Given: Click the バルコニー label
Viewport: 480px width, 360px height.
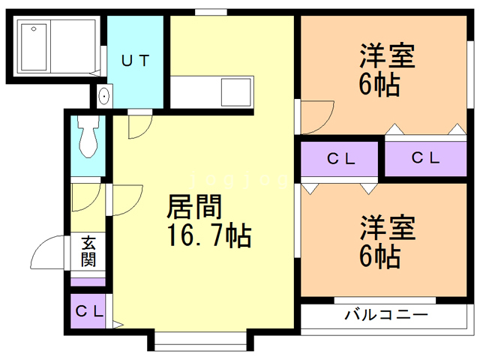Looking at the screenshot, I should [x=385, y=314].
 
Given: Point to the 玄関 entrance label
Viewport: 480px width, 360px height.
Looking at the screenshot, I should [x=88, y=252].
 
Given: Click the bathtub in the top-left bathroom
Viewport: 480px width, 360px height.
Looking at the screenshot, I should [x=34, y=46].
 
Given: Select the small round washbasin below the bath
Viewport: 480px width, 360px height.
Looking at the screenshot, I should [x=103, y=95].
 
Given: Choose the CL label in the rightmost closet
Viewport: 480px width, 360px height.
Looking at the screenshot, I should [x=424, y=158].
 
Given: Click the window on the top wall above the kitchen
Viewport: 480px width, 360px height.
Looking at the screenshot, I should [x=211, y=12].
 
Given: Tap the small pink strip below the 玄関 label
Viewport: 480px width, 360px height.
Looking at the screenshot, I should [x=88, y=281].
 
